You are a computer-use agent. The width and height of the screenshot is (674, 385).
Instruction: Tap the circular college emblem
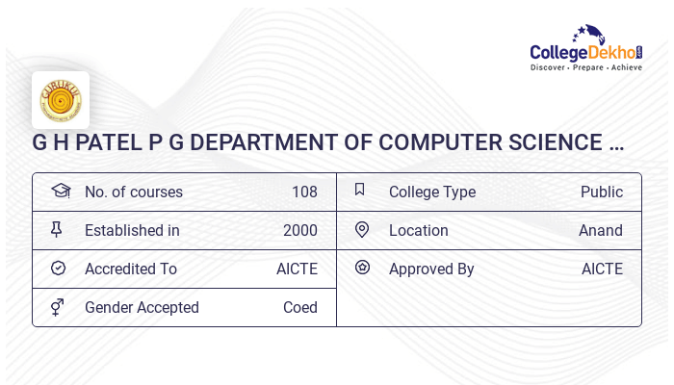coord(61,100)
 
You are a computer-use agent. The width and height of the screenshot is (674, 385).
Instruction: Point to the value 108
coord(304,192)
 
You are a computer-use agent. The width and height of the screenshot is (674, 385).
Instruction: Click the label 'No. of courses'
coord(134,192)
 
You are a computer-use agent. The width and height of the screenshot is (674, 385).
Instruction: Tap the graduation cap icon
coord(60,191)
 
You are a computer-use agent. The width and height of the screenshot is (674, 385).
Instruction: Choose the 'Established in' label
coord(132,230)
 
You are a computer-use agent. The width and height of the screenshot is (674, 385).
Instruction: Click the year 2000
coord(300,230)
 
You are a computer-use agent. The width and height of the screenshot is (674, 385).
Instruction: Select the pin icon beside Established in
coord(57,229)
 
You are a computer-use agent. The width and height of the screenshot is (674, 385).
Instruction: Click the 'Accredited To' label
coord(131,269)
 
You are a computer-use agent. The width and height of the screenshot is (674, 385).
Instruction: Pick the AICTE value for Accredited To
coord(297,269)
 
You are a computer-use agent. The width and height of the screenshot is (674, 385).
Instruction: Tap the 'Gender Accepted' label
coord(142,307)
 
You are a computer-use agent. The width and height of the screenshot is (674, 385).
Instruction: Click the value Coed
coord(300,307)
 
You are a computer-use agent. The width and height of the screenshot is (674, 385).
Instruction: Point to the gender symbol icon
coord(57,307)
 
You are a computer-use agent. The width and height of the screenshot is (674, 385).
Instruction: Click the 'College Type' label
coord(432,192)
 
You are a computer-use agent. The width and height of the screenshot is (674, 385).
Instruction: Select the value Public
coord(602,192)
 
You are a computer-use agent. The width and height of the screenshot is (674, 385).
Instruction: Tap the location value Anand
coord(601,230)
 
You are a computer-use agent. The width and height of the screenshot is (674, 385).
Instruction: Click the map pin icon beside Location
coord(362,229)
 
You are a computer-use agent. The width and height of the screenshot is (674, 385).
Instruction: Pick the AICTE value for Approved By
coord(602,269)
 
